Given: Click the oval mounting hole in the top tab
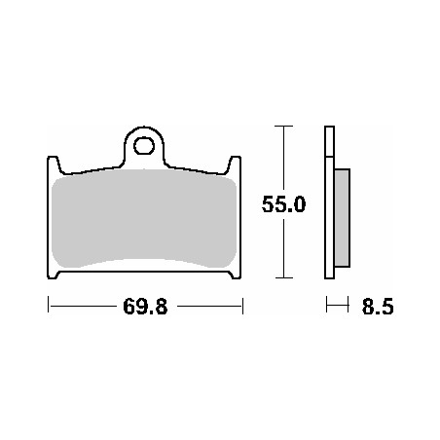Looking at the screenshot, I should coord(145,147).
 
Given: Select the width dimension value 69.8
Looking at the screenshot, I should coord(144,308).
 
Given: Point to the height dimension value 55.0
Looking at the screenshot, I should coord(284,205).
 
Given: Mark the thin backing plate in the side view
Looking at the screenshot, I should coord(328,204).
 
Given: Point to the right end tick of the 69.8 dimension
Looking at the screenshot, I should coord(241,307).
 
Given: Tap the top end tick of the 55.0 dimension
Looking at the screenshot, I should coord(282,127).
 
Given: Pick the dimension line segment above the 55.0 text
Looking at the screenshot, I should coord(282,156).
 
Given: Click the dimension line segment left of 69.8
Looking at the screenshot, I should coord(83,307).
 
